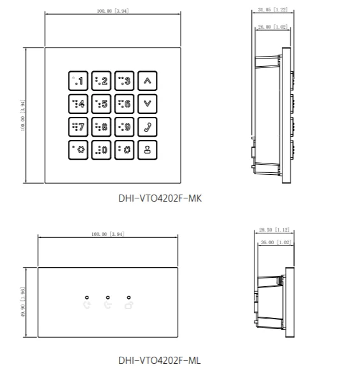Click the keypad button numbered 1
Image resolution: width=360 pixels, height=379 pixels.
tap(78, 81)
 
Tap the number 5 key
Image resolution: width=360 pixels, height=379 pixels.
tap(101, 104)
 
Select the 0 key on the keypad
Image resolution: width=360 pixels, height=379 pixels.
tap(101, 150)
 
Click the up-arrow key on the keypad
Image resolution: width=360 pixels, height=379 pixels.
tap(148, 81)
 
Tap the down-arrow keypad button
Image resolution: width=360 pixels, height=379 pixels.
tap(148, 104)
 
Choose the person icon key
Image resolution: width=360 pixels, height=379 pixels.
tap(148, 150)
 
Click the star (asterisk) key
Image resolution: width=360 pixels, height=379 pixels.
tap(78, 150)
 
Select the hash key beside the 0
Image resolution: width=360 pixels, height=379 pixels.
tap(124, 150)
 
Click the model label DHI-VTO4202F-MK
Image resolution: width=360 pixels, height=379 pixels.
tap(160, 198)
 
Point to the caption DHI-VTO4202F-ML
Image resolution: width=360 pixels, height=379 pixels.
tap(159, 361)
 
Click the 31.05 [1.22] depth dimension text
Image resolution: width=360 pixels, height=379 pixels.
tap(273, 10)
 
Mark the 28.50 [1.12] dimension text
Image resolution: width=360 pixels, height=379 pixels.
tap(274, 230)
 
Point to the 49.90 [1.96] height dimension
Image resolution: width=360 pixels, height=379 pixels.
tap(23, 302)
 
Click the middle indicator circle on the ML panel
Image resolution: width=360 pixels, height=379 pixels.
tap(108, 298)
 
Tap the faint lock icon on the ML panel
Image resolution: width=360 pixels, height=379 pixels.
tap(128, 305)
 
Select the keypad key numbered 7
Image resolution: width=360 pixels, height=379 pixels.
tap(78, 127)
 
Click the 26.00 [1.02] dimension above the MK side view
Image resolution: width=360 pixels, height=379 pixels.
tap(273, 27)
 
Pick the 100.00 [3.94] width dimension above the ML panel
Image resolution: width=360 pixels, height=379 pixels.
tap(108, 234)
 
